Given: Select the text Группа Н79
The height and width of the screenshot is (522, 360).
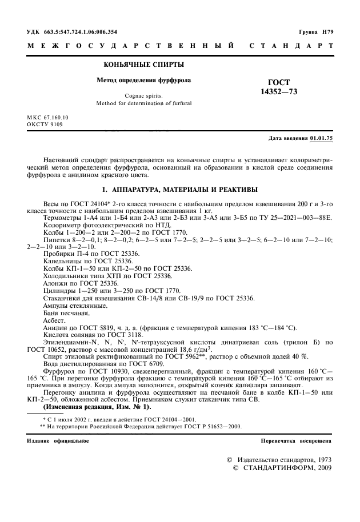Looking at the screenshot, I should click(316, 31).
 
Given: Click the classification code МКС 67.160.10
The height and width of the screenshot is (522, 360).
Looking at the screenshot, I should click(47, 117).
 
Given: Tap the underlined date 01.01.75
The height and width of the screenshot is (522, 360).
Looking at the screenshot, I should click(322, 139).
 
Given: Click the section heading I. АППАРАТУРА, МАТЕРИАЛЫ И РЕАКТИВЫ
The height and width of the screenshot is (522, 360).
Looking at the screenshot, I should click(181, 189).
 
